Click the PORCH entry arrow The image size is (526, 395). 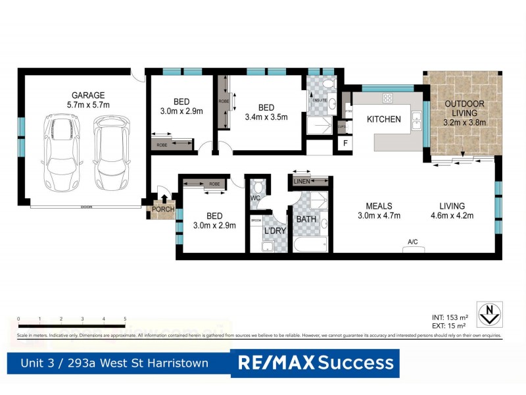point(164,198)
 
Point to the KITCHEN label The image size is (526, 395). point(383,119)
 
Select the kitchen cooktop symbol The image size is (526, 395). point(388,98)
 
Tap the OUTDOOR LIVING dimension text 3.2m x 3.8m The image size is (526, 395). point(464,122)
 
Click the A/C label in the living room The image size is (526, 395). point(413,242)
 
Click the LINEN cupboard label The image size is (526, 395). point(302,181)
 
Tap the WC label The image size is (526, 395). point(255,197)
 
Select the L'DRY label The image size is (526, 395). point(274,231)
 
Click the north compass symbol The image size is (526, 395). point(489,313)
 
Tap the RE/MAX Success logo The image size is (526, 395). point(315,363)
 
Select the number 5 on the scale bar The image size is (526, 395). point(125,319)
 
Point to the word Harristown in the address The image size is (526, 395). point(178,363)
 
